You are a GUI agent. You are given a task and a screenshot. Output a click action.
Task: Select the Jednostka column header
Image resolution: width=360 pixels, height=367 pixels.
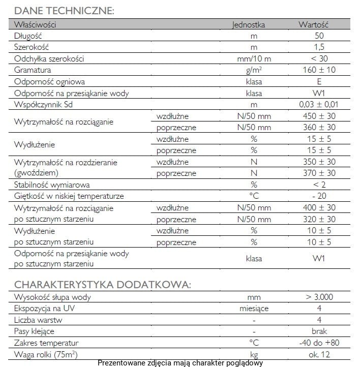click(x=248, y=24)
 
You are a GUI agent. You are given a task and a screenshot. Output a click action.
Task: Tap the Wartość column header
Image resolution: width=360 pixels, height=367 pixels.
click(x=314, y=24)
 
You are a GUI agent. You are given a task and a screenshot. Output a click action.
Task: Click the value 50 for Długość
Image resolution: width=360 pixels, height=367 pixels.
click(x=319, y=36)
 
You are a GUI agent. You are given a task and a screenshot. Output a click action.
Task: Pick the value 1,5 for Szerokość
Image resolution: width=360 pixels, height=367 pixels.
click(x=319, y=47)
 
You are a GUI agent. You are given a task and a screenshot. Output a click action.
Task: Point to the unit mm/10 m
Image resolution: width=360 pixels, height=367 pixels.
click(x=254, y=59)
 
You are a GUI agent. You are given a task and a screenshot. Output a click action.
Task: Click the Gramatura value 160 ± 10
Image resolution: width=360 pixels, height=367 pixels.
click(x=319, y=70)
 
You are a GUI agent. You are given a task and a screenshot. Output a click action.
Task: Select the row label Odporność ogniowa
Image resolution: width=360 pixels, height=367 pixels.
click(x=49, y=82)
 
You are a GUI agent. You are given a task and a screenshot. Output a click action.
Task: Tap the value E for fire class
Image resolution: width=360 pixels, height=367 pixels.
click(x=319, y=82)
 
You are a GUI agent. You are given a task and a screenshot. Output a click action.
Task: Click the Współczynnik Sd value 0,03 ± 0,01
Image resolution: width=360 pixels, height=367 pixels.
click(x=319, y=105)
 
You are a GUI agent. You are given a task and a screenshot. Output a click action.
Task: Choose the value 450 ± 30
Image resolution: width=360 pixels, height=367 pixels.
click(x=319, y=116)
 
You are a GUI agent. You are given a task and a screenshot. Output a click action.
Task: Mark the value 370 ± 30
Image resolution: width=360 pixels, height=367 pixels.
click(x=319, y=173)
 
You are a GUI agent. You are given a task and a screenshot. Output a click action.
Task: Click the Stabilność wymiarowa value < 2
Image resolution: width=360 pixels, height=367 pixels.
click(x=319, y=185)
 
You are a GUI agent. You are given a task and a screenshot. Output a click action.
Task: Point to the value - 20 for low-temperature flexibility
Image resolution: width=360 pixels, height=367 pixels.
click(x=319, y=196)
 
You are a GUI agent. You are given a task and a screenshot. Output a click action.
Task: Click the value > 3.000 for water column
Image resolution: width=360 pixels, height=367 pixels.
click(x=319, y=297)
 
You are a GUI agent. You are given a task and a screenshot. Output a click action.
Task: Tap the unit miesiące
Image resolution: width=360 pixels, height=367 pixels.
click(x=254, y=309)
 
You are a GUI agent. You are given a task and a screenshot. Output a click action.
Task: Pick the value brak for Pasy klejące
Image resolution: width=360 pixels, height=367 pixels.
click(x=319, y=331)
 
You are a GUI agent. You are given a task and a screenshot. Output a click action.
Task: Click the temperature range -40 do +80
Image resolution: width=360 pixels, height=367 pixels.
click(x=319, y=343)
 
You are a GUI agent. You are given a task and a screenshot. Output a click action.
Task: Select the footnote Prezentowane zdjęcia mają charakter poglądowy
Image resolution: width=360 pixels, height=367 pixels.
click(x=180, y=363)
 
